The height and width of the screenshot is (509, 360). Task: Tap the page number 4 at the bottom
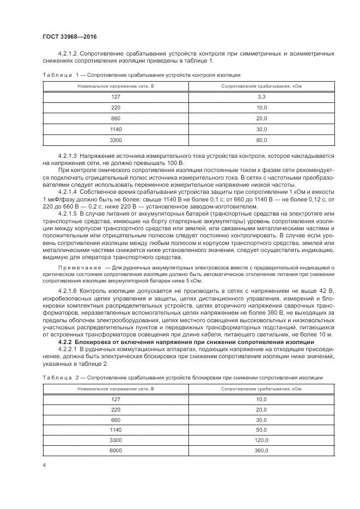pos(44,466)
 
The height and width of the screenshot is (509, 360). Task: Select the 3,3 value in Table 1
pos(260,96)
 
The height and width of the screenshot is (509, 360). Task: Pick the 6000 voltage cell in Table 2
pos(115,451)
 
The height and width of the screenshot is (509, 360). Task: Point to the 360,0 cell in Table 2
pos(260,451)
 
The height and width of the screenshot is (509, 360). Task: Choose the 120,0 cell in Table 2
pos(260,440)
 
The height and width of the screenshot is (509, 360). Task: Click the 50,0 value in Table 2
pos(260,430)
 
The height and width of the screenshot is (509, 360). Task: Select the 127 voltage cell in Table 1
pos(115,96)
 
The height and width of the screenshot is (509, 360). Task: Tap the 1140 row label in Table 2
pos(115,430)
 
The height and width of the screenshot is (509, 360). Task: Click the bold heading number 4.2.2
pos(65,341)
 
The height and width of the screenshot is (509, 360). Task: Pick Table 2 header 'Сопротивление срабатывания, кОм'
pos(260,389)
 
